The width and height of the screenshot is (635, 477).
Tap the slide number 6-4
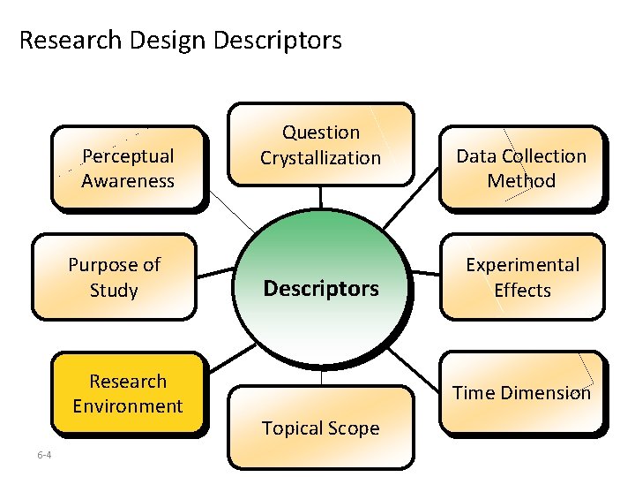(x=44, y=455)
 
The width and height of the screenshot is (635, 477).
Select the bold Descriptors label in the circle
(x=321, y=289)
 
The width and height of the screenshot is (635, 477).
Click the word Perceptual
(x=128, y=156)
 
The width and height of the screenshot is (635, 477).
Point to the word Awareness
(x=128, y=181)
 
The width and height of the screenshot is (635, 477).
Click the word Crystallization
(x=320, y=158)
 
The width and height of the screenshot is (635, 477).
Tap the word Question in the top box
(x=321, y=132)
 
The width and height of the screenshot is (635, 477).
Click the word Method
(x=521, y=181)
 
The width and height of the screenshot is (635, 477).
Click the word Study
(x=114, y=290)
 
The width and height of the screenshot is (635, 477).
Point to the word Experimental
(x=522, y=265)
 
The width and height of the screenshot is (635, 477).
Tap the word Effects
(x=522, y=290)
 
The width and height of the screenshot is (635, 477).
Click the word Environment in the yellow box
(x=128, y=406)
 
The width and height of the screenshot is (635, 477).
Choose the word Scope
(x=355, y=428)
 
